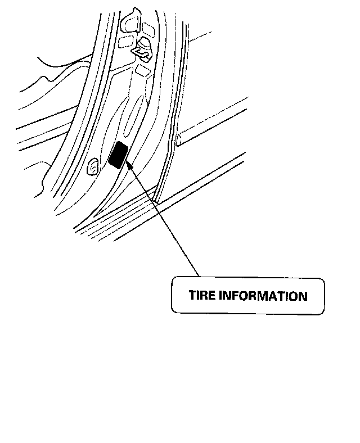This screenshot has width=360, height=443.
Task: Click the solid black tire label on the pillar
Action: [x=118, y=156]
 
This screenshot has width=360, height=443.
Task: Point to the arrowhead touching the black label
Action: [x=130, y=164]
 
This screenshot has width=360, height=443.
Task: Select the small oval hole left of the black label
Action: [x=93, y=166]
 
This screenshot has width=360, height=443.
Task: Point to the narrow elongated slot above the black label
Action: [x=133, y=115]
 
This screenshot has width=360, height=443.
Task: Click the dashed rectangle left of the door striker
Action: [x=126, y=41]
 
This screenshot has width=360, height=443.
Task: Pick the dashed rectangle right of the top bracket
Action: [x=149, y=28]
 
